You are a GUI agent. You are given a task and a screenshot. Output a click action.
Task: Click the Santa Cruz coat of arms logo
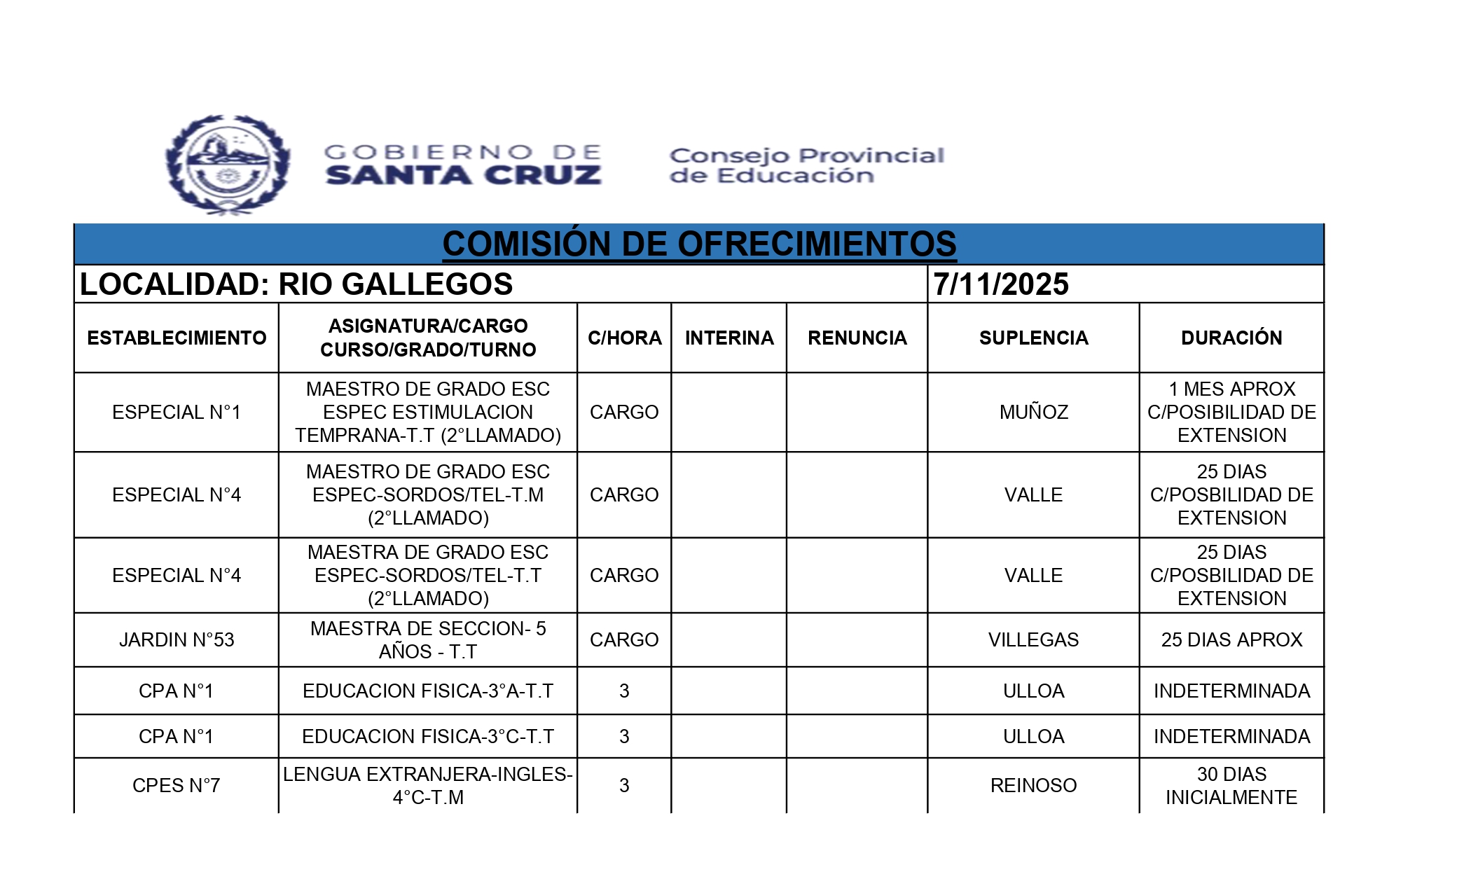coord(228,165)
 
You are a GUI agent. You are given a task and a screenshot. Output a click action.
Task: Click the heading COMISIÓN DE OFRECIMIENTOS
coord(699,244)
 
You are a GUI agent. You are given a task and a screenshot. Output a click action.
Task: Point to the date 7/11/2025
coord(1001,284)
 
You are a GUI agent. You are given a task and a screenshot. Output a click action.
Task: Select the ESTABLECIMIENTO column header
coord(177,338)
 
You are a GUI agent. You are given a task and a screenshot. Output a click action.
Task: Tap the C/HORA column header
coord(624,338)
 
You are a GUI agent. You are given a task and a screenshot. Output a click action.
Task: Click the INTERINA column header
coord(729,338)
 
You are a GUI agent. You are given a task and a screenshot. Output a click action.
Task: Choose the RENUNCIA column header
coord(857,338)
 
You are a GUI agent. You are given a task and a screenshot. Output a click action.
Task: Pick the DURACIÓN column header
coord(1231,338)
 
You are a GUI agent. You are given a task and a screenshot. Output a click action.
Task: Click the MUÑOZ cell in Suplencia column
coord(1033,412)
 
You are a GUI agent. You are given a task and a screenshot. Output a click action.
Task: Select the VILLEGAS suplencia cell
coord(1033,639)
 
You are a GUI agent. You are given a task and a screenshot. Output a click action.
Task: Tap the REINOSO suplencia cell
coord(1033,785)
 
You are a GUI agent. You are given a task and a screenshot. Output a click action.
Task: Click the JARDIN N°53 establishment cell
coord(177,639)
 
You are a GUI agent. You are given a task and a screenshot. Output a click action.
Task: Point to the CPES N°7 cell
coord(177,785)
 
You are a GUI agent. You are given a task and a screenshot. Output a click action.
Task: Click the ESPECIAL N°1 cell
coord(177,412)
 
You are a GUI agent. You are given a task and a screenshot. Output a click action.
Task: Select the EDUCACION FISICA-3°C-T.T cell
coord(428,736)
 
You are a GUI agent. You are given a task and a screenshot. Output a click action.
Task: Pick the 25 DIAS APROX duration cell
coord(1231,639)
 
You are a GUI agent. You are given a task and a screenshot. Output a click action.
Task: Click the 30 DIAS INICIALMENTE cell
coord(1231,785)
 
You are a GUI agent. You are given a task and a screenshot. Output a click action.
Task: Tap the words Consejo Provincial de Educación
coord(806,165)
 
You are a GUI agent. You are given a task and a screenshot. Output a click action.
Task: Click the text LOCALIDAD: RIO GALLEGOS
coord(296,284)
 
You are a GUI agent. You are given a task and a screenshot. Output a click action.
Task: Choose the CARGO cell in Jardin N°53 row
coord(624,639)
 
